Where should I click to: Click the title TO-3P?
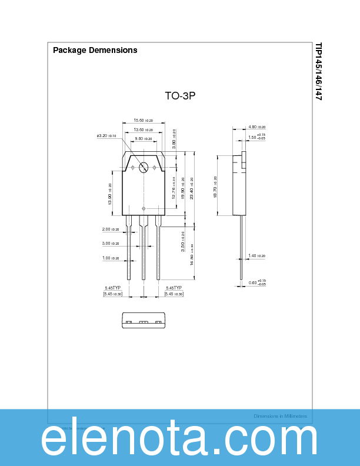tap(179, 95)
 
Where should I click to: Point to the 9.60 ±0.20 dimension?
tap(143, 139)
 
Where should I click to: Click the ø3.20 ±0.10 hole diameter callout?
tap(106, 136)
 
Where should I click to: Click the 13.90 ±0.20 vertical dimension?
tap(110, 194)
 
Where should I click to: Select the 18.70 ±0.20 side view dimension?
tap(215, 187)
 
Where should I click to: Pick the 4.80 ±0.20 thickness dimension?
tap(256, 127)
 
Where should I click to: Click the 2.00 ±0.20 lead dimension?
tap(110, 229)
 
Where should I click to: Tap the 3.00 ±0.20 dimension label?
tap(110, 243)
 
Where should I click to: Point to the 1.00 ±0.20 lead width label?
tap(110, 258)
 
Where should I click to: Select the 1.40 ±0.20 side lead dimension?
tap(256, 256)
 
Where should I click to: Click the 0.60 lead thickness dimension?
tap(256, 283)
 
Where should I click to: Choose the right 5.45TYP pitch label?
tap(174, 288)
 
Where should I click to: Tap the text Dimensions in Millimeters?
tap(280, 416)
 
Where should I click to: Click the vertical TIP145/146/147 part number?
tap(318, 71)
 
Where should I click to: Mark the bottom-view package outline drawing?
tap(144, 319)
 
